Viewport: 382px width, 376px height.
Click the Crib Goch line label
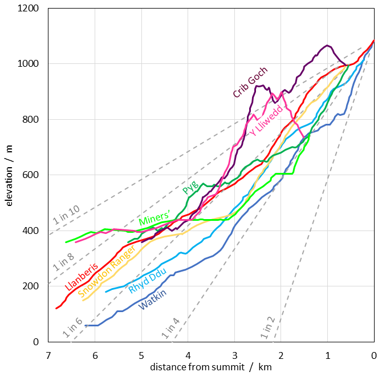click(250, 82)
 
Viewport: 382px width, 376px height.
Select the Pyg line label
click(190, 187)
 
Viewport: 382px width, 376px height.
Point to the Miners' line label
click(155, 217)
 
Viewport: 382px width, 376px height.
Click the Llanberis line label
click(82, 277)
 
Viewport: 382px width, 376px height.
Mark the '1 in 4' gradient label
click(170, 329)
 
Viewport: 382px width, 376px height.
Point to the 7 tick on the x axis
click(48, 354)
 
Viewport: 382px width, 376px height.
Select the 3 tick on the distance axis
click(234, 354)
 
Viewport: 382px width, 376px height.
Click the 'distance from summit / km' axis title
click(211, 367)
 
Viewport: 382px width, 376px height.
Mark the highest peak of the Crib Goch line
click(327, 45)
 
